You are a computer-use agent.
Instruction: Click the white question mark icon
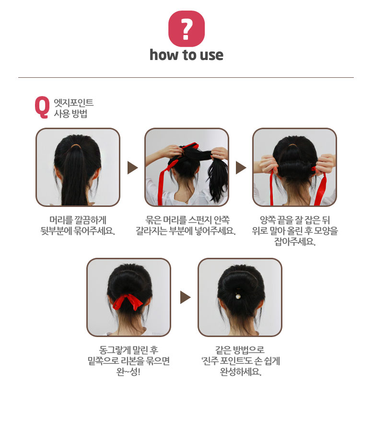[187, 29]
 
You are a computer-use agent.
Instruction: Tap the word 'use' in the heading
[211, 55]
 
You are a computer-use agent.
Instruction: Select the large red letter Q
[42, 108]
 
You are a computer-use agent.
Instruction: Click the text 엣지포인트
[73, 102]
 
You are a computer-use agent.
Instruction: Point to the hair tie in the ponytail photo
[75, 146]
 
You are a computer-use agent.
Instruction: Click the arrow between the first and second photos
[132, 168]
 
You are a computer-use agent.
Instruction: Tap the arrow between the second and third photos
[241, 168]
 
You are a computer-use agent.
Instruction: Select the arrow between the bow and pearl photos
[185, 297]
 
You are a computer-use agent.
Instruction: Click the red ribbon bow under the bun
[128, 302]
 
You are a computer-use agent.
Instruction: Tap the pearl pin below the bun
[237, 296]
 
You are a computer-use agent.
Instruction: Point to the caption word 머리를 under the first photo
[61, 220]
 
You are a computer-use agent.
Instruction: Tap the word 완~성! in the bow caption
[128, 372]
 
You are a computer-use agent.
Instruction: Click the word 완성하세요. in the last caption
[241, 372]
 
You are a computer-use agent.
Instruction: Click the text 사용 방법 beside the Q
[70, 113]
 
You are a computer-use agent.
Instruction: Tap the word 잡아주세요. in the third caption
[295, 241]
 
